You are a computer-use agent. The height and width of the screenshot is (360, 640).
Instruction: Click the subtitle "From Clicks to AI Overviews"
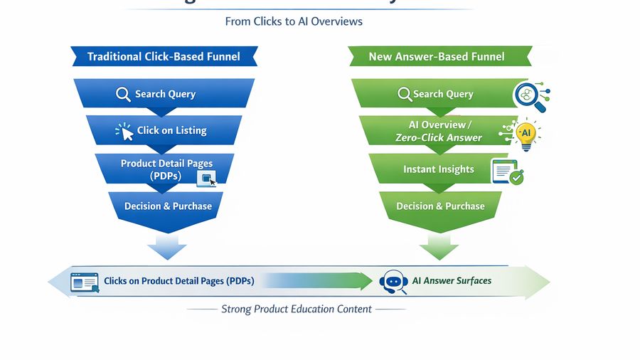(294, 21)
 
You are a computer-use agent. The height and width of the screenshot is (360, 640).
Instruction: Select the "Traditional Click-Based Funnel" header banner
(164, 56)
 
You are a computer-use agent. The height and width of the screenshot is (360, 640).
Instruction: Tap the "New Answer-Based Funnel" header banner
(437, 56)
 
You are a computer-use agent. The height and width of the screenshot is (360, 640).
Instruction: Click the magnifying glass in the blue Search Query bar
(123, 94)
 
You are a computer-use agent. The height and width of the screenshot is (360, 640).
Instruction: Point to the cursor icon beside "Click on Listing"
(125, 131)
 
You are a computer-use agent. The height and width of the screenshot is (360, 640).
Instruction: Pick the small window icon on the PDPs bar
(207, 179)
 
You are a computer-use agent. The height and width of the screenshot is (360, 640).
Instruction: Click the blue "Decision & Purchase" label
(168, 206)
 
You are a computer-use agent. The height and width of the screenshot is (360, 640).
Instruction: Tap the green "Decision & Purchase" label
(440, 206)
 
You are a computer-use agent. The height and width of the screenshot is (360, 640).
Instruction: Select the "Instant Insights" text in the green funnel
(438, 169)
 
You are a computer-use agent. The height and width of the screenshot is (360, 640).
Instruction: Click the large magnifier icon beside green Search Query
(530, 97)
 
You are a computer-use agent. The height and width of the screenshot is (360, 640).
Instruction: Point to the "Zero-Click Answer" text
(438, 138)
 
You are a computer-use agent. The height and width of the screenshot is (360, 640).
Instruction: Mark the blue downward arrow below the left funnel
(167, 248)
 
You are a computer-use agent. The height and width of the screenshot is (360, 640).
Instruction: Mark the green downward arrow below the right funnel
(439, 248)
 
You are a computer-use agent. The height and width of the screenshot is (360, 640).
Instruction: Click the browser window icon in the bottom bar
(85, 282)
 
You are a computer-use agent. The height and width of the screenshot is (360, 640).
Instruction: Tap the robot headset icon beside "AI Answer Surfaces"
(393, 282)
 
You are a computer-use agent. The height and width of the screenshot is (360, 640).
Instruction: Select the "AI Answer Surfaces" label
(452, 281)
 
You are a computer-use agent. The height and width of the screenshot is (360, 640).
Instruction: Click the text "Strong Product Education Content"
(296, 309)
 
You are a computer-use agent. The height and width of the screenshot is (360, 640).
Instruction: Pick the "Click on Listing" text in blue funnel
(171, 131)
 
